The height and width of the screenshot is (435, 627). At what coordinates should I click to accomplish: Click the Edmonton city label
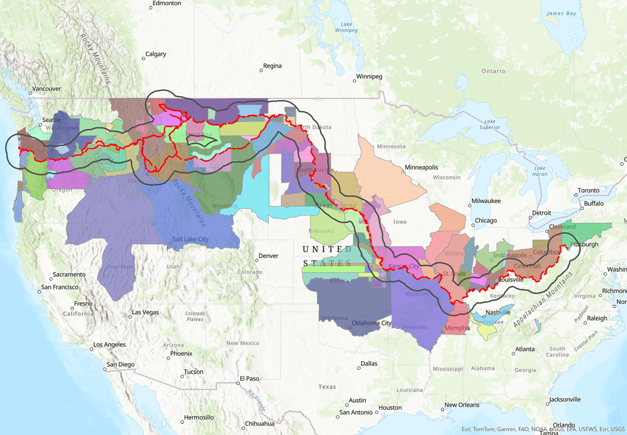click(166, 3)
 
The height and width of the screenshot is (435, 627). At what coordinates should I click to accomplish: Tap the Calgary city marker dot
click(143, 59)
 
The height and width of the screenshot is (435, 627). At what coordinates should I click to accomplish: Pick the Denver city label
click(268, 256)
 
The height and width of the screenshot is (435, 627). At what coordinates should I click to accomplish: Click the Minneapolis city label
click(421, 167)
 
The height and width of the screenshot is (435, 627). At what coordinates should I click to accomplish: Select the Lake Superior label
click(490, 124)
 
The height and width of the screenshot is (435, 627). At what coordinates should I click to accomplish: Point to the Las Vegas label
click(145, 313)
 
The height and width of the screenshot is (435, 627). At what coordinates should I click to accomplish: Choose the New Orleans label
click(462, 405)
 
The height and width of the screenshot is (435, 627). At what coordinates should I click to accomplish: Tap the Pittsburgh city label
click(584, 245)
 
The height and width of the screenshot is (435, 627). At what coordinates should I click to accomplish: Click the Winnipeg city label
click(369, 77)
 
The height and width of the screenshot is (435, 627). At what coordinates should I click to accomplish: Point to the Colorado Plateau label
click(195, 316)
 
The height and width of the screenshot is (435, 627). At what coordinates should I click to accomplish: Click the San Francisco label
click(59, 287)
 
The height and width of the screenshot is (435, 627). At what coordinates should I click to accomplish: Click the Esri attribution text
click(543, 429)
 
